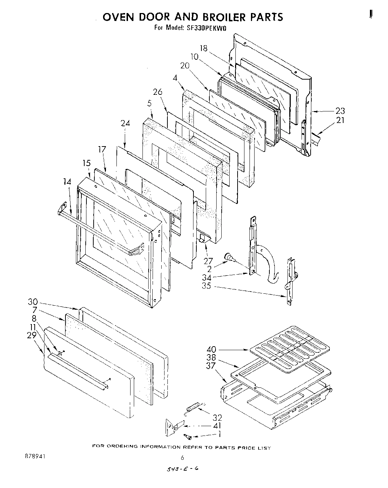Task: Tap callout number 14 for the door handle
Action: [x=67, y=182]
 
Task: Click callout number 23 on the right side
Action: [x=340, y=111]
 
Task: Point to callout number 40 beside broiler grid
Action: [x=212, y=349]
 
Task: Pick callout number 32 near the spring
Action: [x=217, y=418]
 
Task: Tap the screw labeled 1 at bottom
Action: [x=188, y=437]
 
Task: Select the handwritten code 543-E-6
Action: [x=182, y=469]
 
